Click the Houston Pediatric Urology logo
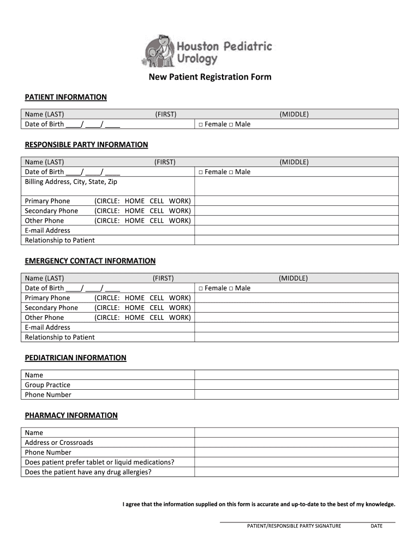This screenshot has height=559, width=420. (207, 50)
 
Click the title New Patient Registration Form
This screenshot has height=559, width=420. (210, 77)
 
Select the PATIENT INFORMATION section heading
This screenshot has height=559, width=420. (65, 97)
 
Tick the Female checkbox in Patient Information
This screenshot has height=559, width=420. (201, 124)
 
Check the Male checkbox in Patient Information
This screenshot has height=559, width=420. (231, 124)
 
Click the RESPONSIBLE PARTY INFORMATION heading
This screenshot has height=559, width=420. (86, 145)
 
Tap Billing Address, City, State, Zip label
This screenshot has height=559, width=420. (71, 182)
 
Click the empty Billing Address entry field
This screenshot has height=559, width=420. (296, 186)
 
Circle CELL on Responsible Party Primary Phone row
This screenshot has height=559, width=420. (157, 201)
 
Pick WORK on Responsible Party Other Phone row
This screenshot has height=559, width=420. (179, 221)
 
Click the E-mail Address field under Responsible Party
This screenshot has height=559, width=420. (296, 230)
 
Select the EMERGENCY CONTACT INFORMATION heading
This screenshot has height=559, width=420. (90, 261)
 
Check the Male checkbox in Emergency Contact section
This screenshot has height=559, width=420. (231, 288)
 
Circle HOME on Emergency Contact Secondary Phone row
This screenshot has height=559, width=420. (134, 308)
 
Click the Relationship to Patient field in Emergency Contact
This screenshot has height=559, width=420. (296, 337)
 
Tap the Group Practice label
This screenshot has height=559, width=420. (47, 385)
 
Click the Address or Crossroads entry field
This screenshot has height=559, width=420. (296, 443)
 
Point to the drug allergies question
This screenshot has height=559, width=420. (88, 472)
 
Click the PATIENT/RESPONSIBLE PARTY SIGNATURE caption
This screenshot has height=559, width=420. (294, 526)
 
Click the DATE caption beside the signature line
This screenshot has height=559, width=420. (376, 526)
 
